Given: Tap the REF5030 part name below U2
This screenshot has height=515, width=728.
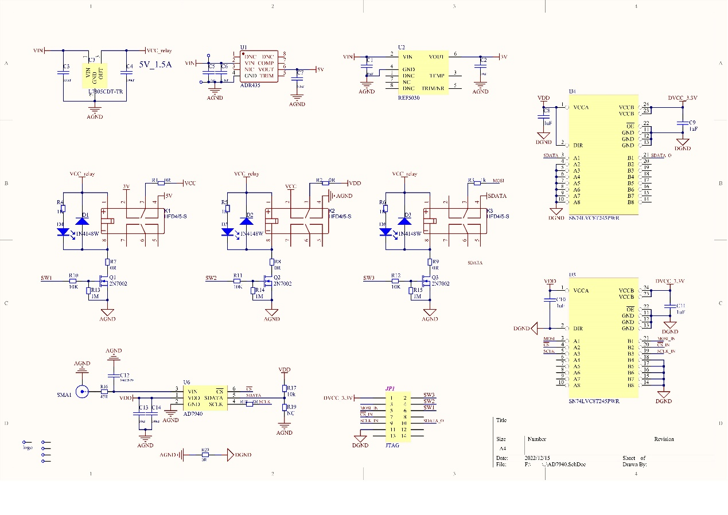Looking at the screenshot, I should pos(408,98).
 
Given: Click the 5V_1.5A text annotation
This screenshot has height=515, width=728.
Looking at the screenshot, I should pos(155,65).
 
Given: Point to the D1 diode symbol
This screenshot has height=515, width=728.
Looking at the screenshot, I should pos(82,221).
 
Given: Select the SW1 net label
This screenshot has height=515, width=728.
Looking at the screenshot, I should pos(46,278).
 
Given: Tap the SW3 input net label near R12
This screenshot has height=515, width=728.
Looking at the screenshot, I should pos(369,278).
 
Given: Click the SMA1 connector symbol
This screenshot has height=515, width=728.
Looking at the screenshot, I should pos(83,392).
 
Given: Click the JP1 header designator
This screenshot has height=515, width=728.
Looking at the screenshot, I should pos(390,388).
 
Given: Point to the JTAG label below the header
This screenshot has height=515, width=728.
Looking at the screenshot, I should pos(392,445).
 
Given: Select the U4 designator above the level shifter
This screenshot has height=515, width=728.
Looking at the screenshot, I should pos(572,92).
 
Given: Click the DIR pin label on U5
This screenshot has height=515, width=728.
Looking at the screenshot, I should pos(578,329).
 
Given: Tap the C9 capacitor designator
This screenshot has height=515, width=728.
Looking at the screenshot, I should pos(692,123).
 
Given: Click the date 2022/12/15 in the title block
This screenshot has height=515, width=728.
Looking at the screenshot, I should pos(538,458).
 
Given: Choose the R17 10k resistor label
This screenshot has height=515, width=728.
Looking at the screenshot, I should pos(291,391).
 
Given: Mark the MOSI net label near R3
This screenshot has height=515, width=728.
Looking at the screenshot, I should pos(498,181).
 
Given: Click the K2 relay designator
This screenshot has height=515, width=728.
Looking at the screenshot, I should pos(332,211).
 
